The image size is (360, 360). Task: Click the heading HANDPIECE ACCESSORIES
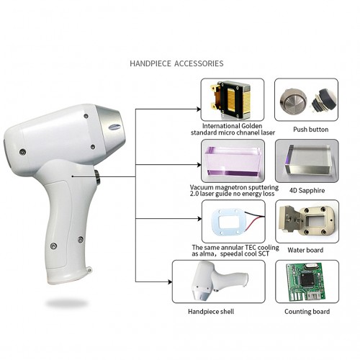176,63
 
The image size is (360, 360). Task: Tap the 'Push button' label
310,130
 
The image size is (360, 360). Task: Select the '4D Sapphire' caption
307,191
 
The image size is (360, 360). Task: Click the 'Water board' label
305,250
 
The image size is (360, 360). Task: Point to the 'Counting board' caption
307,312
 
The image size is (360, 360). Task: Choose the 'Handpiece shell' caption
211,312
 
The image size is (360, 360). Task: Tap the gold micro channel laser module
231,100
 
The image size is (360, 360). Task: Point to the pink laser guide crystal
233,162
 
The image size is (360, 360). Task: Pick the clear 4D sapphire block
309,160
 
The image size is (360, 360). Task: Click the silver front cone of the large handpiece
112,125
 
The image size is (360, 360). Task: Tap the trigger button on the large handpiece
97,177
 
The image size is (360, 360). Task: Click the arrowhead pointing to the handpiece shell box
170,282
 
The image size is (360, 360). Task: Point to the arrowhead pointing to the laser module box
199,109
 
